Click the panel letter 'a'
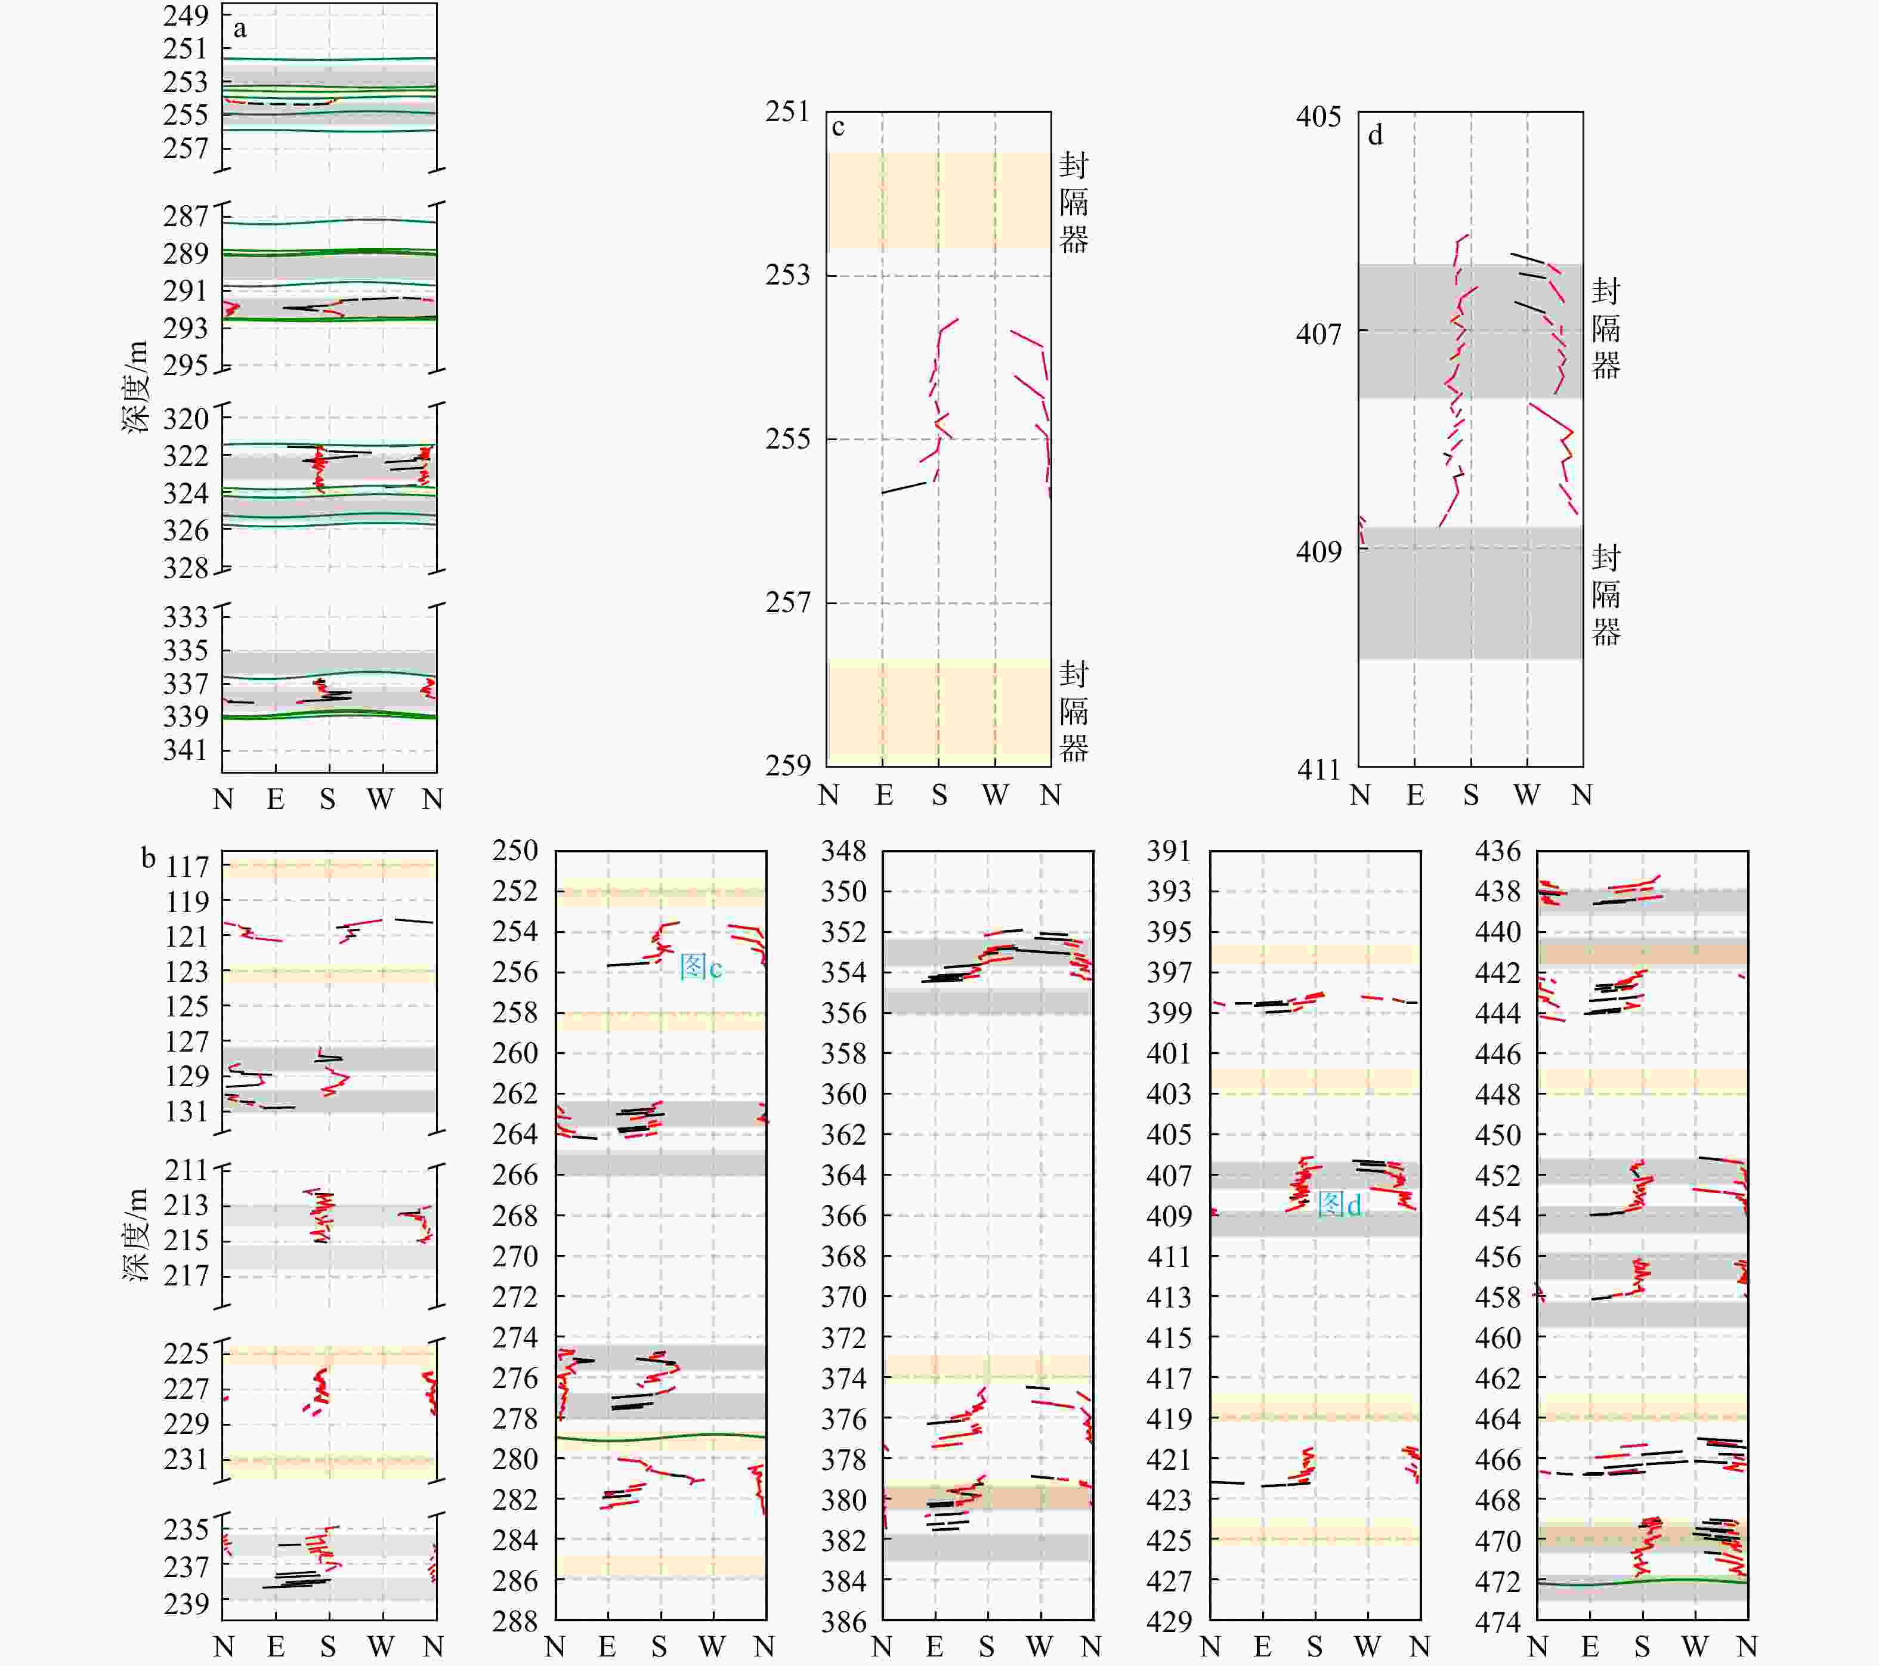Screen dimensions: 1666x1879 tap(240, 29)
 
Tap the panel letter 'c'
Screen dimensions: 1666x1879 tap(837, 128)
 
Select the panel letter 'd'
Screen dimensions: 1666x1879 tap(1375, 136)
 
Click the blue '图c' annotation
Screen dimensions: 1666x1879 tap(700, 966)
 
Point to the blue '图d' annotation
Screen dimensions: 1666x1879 tap(1339, 1204)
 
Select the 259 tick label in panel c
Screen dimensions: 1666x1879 tap(788, 765)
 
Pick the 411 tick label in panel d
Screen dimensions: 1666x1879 tap(1319, 769)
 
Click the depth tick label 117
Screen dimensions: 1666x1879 tap(187, 867)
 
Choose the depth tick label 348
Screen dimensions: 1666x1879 tap(844, 851)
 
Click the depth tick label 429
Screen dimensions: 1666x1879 tap(1169, 1621)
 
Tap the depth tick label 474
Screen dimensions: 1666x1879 tap(1498, 1621)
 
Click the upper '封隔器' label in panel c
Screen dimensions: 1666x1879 tap(1074, 202)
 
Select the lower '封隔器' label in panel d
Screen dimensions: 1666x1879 tap(1606, 595)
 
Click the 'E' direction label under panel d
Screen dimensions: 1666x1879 tap(1416, 795)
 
